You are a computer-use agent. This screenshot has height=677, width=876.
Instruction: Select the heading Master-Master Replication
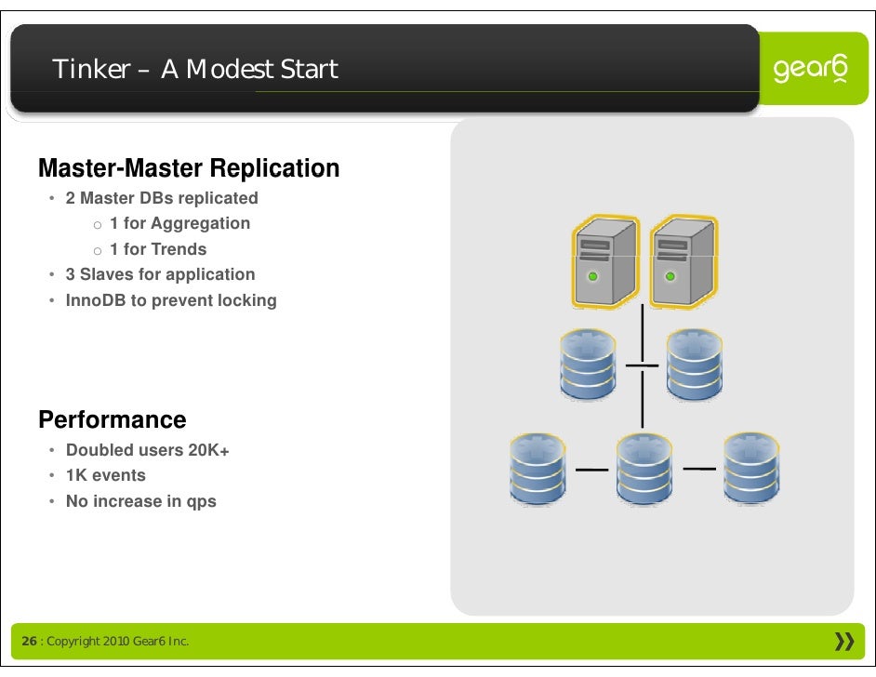point(189,169)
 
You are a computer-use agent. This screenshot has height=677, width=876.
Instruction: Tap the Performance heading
point(113,419)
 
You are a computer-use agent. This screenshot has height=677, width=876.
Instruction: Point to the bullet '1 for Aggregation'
point(179,223)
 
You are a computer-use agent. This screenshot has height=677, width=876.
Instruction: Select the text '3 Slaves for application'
point(160,274)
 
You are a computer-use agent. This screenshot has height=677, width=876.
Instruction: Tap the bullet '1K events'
point(106,475)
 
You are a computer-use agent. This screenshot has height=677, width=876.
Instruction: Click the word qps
point(202,501)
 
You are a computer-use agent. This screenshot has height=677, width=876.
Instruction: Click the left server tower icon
point(604,261)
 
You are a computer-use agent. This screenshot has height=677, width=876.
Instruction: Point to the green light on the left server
point(592,277)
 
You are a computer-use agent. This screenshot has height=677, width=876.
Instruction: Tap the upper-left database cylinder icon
point(588,364)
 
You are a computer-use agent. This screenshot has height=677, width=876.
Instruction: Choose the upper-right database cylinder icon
point(694,364)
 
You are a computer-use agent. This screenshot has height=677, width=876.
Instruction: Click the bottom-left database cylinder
point(538,468)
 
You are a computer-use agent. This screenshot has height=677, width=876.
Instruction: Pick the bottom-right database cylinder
point(751,468)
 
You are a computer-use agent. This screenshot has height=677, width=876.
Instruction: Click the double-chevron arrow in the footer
point(844,642)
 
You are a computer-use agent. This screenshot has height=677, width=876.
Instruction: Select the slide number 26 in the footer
point(30,642)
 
